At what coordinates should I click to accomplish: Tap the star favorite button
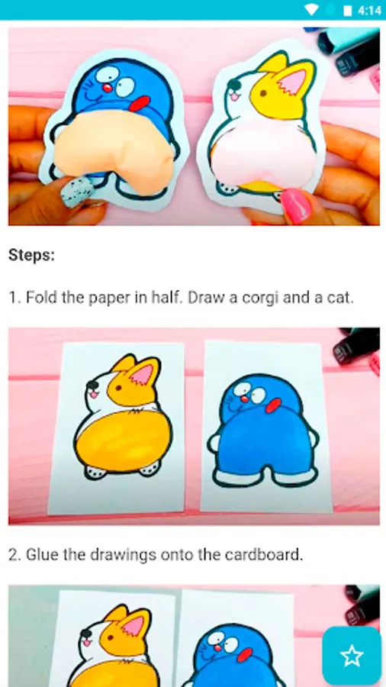click(352, 656)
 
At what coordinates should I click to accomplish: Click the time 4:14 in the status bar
click(369, 10)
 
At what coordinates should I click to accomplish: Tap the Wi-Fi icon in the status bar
click(311, 10)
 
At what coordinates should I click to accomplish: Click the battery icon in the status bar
click(348, 10)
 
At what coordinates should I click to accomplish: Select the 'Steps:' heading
click(31, 255)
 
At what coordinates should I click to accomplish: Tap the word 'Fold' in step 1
click(43, 298)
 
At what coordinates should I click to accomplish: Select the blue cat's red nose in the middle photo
click(245, 398)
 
